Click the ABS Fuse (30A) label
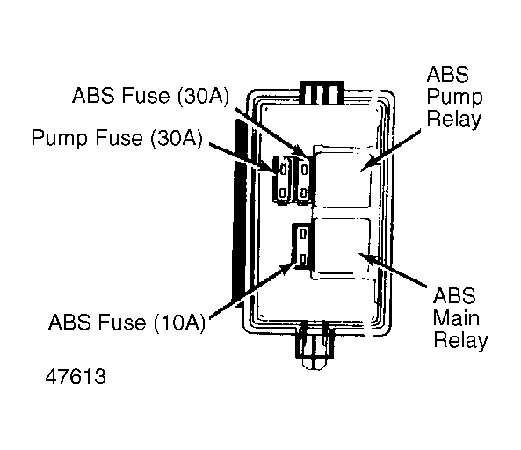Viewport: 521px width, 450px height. [150, 96]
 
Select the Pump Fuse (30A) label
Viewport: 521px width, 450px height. [117, 138]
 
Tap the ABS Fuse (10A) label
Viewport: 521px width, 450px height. [127, 322]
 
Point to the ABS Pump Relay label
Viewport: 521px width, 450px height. [454, 97]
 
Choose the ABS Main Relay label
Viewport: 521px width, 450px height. [460, 318]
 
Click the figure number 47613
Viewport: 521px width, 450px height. [76, 376]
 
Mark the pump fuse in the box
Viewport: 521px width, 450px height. [282, 180]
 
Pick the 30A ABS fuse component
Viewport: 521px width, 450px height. [303, 180]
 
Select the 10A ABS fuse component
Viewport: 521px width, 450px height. [302, 246]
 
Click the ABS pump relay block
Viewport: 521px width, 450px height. [342, 177]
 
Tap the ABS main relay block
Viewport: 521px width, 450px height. [341, 248]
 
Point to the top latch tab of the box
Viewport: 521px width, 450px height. [322, 92]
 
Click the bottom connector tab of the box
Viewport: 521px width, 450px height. [315, 345]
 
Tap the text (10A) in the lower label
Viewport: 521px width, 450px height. [179, 322]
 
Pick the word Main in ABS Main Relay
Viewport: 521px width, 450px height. [456, 318]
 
